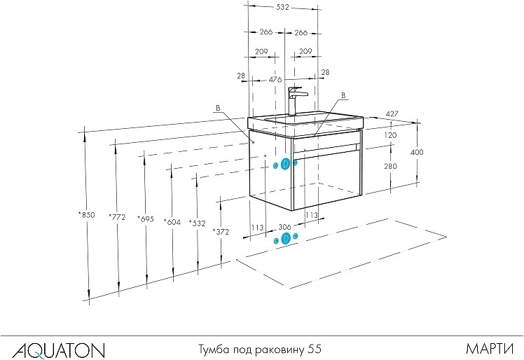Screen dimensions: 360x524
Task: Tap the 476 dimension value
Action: coord(275,80)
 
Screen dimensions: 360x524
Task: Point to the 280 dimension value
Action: coord(390,166)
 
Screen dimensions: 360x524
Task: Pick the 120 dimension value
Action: coord(390,134)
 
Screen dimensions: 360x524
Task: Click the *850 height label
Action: coord(88,216)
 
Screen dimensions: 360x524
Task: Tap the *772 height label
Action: coord(117,217)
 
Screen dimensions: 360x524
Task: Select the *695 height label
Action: coord(146,218)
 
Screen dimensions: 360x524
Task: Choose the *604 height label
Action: coord(172,223)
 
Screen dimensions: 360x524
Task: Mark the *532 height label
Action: coord(198,223)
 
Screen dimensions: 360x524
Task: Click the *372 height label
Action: coord(222,230)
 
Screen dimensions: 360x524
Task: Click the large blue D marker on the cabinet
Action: coord(285,164)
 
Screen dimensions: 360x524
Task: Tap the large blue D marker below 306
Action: coord(285,239)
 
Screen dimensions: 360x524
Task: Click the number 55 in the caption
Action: coord(315,347)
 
